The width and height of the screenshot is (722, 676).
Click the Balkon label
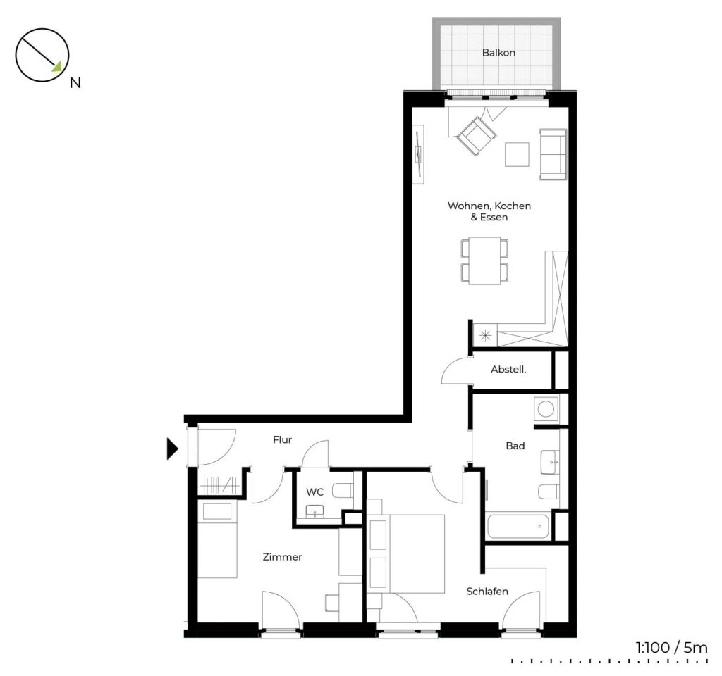pyautogui.click(x=498, y=52)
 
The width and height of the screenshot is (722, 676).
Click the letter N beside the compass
pyautogui.click(x=75, y=83)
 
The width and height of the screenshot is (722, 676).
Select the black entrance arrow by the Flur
pyautogui.click(x=172, y=449)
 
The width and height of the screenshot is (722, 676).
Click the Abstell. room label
pyautogui.click(x=508, y=369)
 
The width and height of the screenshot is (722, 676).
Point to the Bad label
pyautogui.click(x=515, y=446)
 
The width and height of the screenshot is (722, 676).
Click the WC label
pyautogui.click(x=314, y=492)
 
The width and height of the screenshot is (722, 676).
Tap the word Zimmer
pyautogui.click(x=282, y=557)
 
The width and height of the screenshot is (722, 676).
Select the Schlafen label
pyautogui.click(x=487, y=591)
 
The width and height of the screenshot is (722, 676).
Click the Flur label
pyautogui.click(x=282, y=440)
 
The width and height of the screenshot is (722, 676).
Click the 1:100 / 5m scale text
pyautogui.click(x=672, y=648)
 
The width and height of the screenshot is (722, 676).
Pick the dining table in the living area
pyautogui.click(x=485, y=261)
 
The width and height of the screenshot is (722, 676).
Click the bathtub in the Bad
pyautogui.click(x=518, y=525)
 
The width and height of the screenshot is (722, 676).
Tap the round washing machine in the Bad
pyautogui.click(x=546, y=408)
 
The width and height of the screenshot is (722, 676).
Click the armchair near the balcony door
pyautogui.click(x=477, y=135)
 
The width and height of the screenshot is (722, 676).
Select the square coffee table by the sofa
pyautogui.click(x=517, y=154)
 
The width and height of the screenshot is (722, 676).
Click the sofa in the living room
pyautogui.click(x=553, y=154)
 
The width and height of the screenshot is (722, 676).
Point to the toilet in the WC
pyautogui.click(x=343, y=491)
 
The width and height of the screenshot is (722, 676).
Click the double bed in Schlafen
pyautogui.click(x=407, y=553)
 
